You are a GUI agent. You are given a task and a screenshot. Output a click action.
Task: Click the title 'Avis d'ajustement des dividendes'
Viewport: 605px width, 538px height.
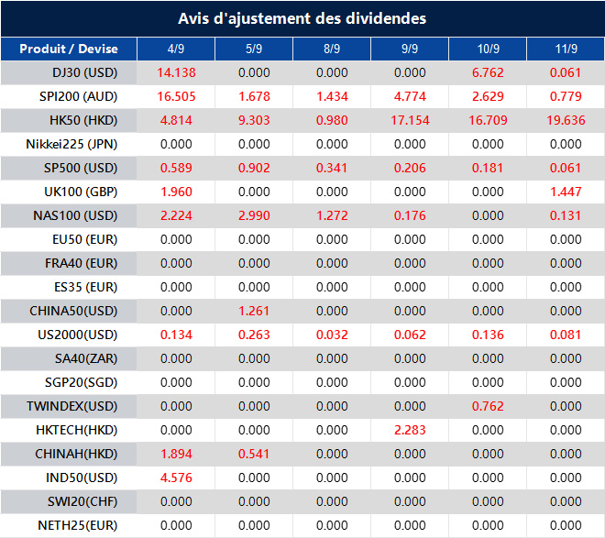[x=302, y=18]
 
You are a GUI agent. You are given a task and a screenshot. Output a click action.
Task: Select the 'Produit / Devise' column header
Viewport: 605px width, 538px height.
[x=68, y=49]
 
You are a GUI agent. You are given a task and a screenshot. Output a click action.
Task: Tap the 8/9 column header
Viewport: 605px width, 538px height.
[x=332, y=49]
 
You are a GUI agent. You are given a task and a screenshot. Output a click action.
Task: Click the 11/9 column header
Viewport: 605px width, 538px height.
[x=566, y=49]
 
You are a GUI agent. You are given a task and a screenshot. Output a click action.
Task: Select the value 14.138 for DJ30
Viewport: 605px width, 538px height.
[x=176, y=72]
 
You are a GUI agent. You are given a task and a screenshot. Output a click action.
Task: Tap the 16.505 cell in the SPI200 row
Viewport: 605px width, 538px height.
[x=176, y=96]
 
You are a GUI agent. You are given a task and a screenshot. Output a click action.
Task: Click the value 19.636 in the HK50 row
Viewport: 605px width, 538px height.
[x=566, y=120]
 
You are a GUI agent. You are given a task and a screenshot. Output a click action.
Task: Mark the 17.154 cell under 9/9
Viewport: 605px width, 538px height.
[x=410, y=120]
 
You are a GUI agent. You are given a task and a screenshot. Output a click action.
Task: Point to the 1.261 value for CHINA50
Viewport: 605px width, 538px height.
[x=254, y=311]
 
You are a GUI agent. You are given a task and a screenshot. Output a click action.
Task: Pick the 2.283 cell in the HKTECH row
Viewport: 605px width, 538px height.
[x=410, y=430]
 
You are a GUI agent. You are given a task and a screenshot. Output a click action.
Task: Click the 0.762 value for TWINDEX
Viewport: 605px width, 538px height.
[x=488, y=406]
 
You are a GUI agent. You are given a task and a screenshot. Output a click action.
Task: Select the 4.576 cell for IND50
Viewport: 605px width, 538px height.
[x=176, y=478]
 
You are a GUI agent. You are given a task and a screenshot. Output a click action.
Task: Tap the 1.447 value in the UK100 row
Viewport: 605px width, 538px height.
[x=566, y=192]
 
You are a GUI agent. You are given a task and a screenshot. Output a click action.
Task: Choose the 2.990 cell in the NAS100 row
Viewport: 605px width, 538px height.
[x=254, y=215]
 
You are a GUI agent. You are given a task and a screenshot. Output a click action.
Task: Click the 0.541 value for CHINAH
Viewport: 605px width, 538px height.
[x=254, y=454]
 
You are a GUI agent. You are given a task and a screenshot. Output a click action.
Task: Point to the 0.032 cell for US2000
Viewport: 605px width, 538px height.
[x=332, y=335]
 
